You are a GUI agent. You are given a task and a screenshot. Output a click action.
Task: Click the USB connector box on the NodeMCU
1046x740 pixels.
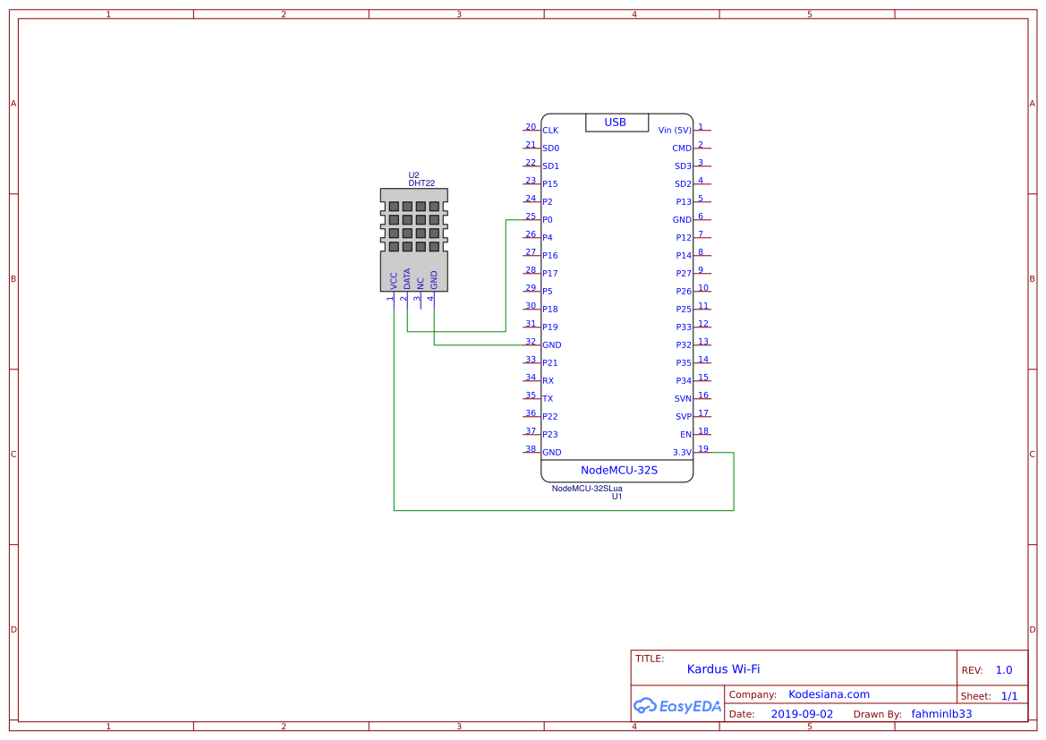pyautogui.click(x=617, y=123)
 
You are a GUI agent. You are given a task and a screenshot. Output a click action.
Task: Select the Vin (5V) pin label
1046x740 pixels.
pyautogui.click(x=675, y=131)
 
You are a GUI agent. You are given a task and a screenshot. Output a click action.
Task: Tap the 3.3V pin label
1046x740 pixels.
pyautogui.click(x=682, y=453)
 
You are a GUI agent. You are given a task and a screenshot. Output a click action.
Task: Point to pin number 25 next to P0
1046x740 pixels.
pyautogui.click(x=531, y=217)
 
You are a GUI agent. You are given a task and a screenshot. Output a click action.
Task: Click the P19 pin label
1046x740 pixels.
pyautogui.click(x=550, y=327)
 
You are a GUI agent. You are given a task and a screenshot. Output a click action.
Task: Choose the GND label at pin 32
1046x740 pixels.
pyautogui.click(x=552, y=345)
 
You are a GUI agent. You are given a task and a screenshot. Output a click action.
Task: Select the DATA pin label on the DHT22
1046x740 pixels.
pyautogui.click(x=407, y=278)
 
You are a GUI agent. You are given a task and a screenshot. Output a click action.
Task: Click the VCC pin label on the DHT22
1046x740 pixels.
pyautogui.click(x=394, y=280)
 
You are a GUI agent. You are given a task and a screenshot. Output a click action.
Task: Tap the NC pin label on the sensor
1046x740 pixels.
pyautogui.click(x=421, y=282)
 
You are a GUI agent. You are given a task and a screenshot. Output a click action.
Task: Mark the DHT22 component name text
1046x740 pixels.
pyautogui.click(x=421, y=183)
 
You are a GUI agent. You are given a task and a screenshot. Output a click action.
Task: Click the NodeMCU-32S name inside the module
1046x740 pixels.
pyautogui.click(x=618, y=471)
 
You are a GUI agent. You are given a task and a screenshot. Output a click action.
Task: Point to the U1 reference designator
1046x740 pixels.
pyautogui.click(x=617, y=497)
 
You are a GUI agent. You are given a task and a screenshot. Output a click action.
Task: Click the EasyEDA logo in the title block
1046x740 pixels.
pyautogui.click(x=676, y=706)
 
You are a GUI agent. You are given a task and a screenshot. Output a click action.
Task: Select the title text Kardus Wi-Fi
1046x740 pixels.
pyautogui.click(x=723, y=669)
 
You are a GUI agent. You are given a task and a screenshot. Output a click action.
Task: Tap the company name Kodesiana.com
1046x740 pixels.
pyautogui.click(x=829, y=694)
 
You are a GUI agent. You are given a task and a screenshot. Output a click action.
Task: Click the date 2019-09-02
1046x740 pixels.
pyautogui.click(x=801, y=715)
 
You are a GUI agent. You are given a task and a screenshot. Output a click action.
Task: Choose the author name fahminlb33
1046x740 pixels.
pyautogui.click(x=941, y=714)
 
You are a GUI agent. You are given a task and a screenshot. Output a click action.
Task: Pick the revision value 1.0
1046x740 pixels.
pyautogui.click(x=1004, y=670)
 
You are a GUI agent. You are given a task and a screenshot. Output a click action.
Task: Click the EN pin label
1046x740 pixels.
pyautogui.click(x=685, y=435)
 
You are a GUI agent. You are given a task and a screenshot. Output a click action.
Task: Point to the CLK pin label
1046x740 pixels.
pyautogui.click(x=550, y=131)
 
